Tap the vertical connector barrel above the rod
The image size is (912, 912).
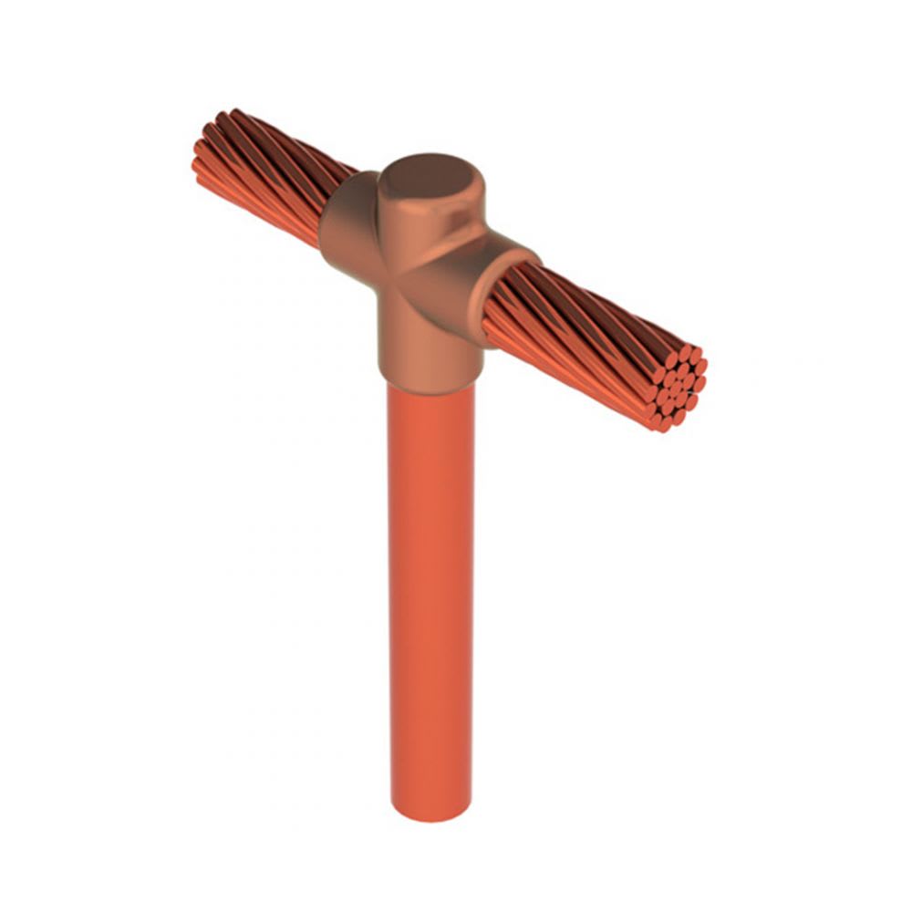pyautogui.click(x=427, y=337)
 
